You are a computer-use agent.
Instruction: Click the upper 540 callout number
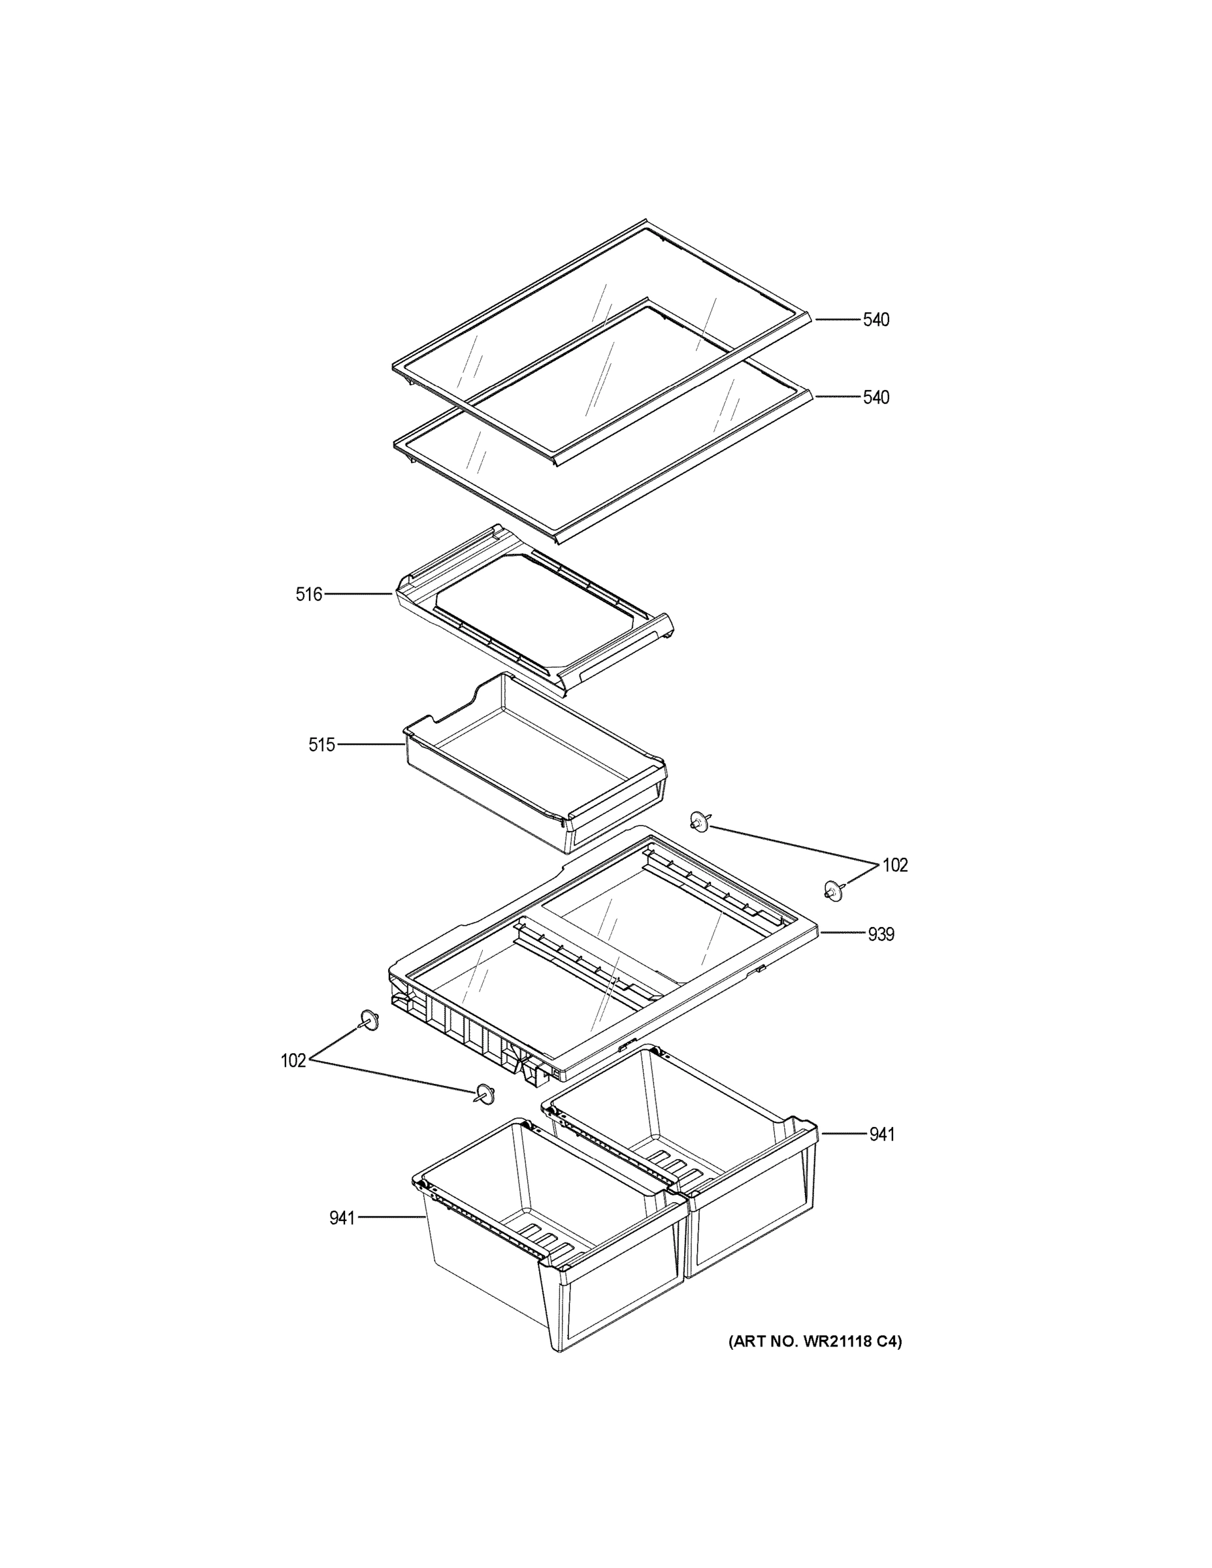pyautogui.click(x=876, y=319)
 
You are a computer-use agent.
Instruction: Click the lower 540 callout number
pyautogui.click(x=876, y=397)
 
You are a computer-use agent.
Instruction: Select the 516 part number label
pyautogui.click(x=309, y=594)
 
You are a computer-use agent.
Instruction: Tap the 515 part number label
pyautogui.click(x=321, y=745)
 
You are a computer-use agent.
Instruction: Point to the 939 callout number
pyautogui.click(x=880, y=934)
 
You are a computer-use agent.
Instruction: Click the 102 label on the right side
pyautogui.click(x=894, y=865)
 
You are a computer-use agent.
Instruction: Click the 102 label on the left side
pyautogui.click(x=293, y=1060)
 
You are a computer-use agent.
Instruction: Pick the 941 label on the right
pyautogui.click(x=881, y=1134)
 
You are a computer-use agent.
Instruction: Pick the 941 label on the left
pyautogui.click(x=342, y=1218)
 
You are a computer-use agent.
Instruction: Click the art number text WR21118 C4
pyautogui.click(x=815, y=1341)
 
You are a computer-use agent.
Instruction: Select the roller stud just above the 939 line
pyautogui.click(x=833, y=891)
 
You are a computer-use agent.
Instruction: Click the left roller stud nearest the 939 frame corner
pyautogui.click(x=369, y=1018)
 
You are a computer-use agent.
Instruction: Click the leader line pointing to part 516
pyautogui.click(x=358, y=594)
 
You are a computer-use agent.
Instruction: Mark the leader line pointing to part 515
pyautogui.click(x=370, y=745)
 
